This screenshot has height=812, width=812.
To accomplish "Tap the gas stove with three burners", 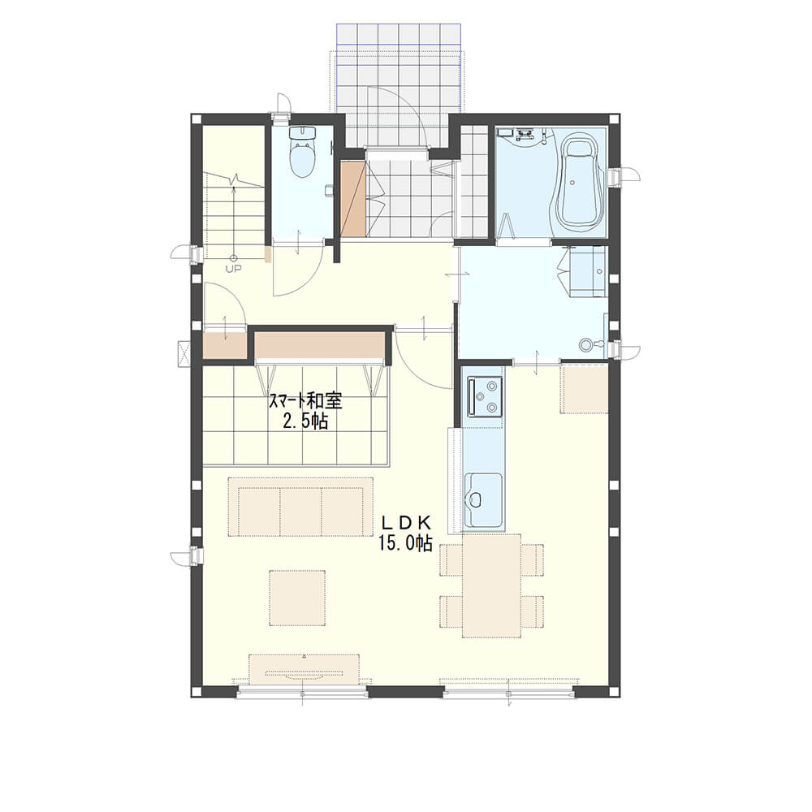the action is point(484,396).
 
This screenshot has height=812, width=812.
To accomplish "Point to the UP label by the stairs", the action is point(233,268).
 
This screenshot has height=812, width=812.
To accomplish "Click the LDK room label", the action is point(406,522).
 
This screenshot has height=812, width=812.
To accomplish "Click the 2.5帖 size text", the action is point(305,421).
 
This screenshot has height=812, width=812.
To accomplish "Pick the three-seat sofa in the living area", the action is point(300,507).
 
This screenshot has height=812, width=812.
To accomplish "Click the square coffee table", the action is point(297,598).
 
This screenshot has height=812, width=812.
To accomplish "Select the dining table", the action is point(491,585).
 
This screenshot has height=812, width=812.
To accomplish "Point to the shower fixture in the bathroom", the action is point(524,134).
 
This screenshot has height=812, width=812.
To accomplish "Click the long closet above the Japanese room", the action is point(320,344).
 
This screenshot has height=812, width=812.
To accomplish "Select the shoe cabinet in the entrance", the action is point(353,199).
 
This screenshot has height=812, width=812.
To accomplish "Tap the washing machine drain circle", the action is point(585,344).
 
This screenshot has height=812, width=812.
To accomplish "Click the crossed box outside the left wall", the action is point(184,353).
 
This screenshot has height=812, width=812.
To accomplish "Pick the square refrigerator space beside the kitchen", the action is point(584,388).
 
